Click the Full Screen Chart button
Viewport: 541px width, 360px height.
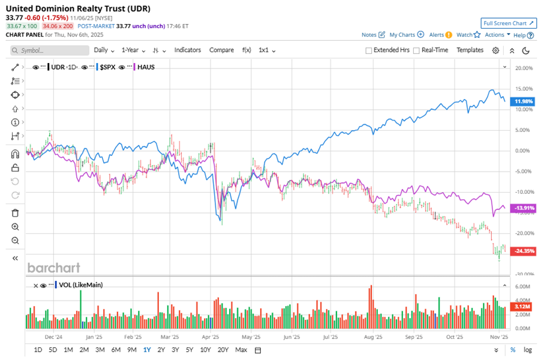tap(508, 23)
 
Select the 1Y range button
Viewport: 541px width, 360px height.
tap(147, 350)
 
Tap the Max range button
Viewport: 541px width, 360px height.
tap(241, 350)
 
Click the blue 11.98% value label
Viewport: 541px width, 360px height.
tap(521, 101)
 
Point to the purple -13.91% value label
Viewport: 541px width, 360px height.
tap(521, 208)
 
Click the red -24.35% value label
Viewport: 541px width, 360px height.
tap(521, 251)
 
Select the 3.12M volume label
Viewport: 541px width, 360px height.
tap(521, 307)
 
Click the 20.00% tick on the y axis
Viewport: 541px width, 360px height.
tap(523, 68)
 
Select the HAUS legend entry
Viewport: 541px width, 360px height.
tap(146, 67)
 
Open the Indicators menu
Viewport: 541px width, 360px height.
tap(188, 50)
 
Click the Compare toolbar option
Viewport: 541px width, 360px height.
tap(221, 50)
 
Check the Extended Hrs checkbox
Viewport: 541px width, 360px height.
tap(369, 50)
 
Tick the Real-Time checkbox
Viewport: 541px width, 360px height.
tap(416, 50)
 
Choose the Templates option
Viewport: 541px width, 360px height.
tap(470, 50)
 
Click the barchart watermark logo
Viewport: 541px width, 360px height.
tap(53, 268)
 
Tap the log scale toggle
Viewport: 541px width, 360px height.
tap(527, 350)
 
